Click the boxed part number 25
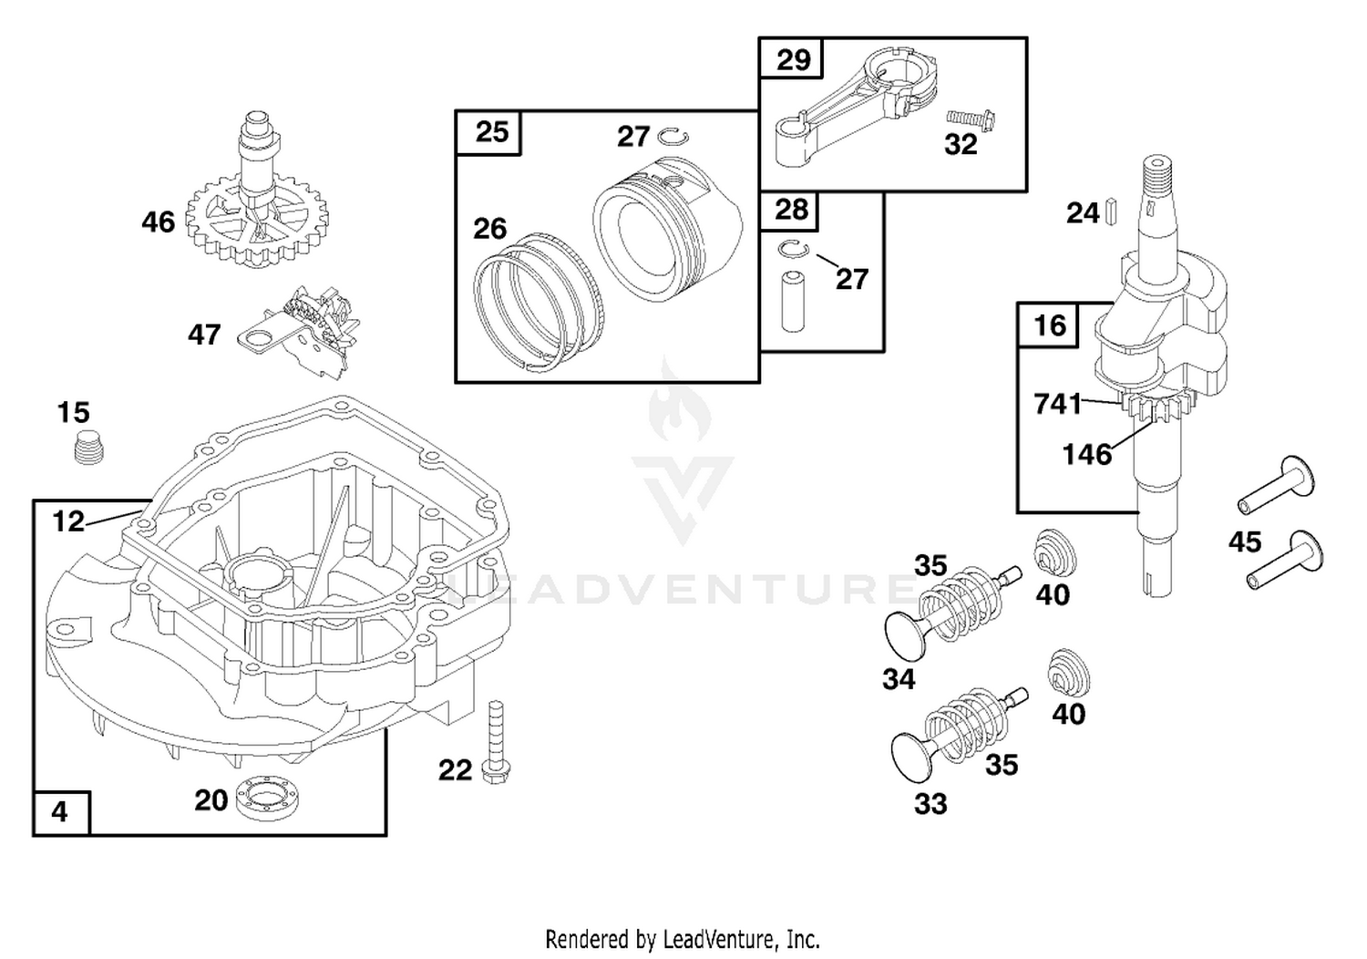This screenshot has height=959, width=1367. [x=492, y=132]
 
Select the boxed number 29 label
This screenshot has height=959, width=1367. [x=794, y=59]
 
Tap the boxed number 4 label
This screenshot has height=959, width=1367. [x=59, y=812]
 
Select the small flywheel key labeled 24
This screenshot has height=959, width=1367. [x=1111, y=211]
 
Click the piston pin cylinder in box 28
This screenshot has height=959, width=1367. [x=793, y=302]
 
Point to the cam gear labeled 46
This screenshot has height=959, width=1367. [x=256, y=201]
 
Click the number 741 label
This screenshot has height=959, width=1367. [x=1057, y=404]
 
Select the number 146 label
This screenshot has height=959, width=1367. [x=1087, y=455]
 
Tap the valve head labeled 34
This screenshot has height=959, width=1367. [x=908, y=637]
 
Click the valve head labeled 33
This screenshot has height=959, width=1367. [x=913, y=758]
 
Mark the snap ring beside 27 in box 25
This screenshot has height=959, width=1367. [x=673, y=137]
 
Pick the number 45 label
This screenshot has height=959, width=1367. [x=1244, y=541]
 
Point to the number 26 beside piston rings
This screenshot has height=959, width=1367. [x=489, y=229]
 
